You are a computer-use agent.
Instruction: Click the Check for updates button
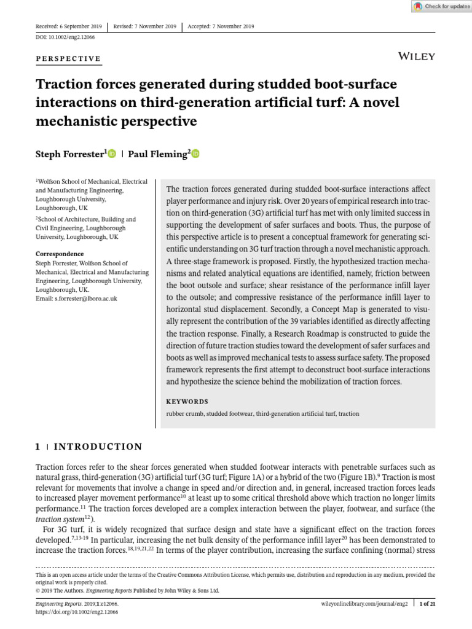(x=439, y=6)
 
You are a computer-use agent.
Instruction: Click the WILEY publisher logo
(x=417, y=57)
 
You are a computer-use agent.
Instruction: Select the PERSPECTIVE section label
(x=68, y=58)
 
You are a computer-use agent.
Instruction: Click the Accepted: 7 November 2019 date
(x=221, y=26)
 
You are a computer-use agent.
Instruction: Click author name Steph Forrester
(x=71, y=155)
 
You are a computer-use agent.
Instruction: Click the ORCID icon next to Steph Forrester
(x=112, y=154)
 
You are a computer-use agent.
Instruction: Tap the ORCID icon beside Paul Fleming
(x=195, y=154)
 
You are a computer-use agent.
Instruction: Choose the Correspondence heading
(x=60, y=254)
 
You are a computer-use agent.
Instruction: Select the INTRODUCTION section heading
(x=98, y=447)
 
